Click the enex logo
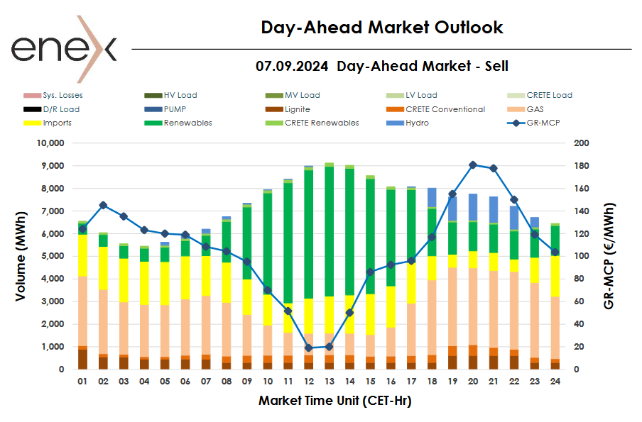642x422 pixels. (x=63, y=48)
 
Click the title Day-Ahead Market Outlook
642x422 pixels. (x=381, y=28)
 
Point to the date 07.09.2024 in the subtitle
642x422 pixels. (x=292, y=67)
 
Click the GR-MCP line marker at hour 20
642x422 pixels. (x=473, y=165)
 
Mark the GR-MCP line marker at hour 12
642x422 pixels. (x=308, y=348)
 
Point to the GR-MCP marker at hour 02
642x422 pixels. (x=103, y=205)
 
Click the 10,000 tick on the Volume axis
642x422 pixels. (x=50, y=143)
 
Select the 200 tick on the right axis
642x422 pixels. (x=582, y=143)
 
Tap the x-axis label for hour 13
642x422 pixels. (x=329, y=381)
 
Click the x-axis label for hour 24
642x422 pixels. (x=555, y=381)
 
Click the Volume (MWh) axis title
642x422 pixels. (x=22, y=256)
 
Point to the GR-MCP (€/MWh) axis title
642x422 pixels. (x=609, y=256)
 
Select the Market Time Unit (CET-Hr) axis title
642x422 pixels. (x=334, y=401)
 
